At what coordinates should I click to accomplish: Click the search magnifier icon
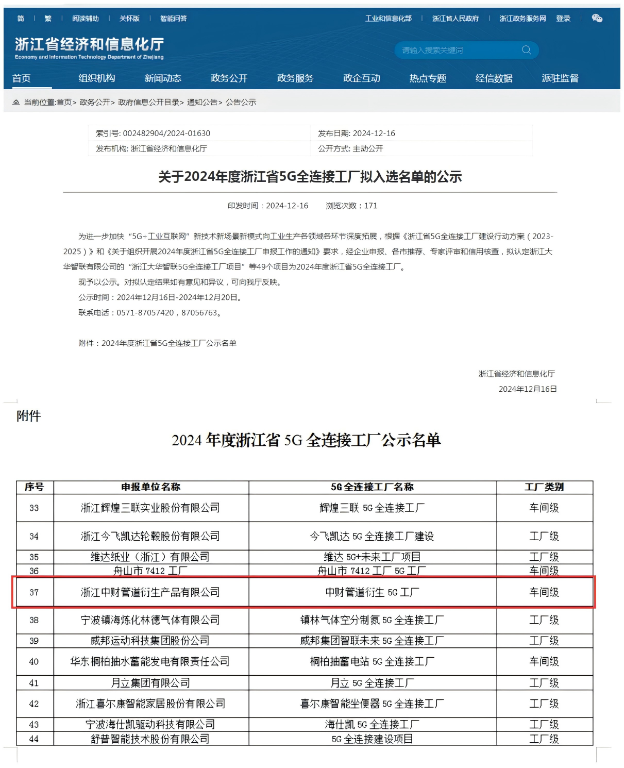(526, 50)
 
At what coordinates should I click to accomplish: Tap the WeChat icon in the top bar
(597, 19)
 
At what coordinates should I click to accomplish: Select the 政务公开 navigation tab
(229, 78)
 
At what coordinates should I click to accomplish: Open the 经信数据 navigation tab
(494, 78)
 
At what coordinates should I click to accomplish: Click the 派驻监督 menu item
(560, 78)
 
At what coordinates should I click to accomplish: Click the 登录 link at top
(563, 19)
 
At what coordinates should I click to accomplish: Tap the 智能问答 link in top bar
(173, 19)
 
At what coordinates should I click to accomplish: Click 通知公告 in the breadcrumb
(202, 103)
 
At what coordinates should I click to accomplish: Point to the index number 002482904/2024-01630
(166, 133)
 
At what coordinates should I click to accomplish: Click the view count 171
(370, 206)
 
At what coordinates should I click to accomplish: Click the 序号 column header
(34, 487)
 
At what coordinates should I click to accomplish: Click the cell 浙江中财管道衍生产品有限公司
(150, 593)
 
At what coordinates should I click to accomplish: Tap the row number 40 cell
(34, 662)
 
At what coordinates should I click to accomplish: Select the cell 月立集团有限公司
(150, 683)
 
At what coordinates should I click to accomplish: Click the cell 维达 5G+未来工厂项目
(372, 557)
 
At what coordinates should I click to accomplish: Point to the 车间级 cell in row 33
(544, 508)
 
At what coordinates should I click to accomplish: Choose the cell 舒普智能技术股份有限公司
(150, 739)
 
